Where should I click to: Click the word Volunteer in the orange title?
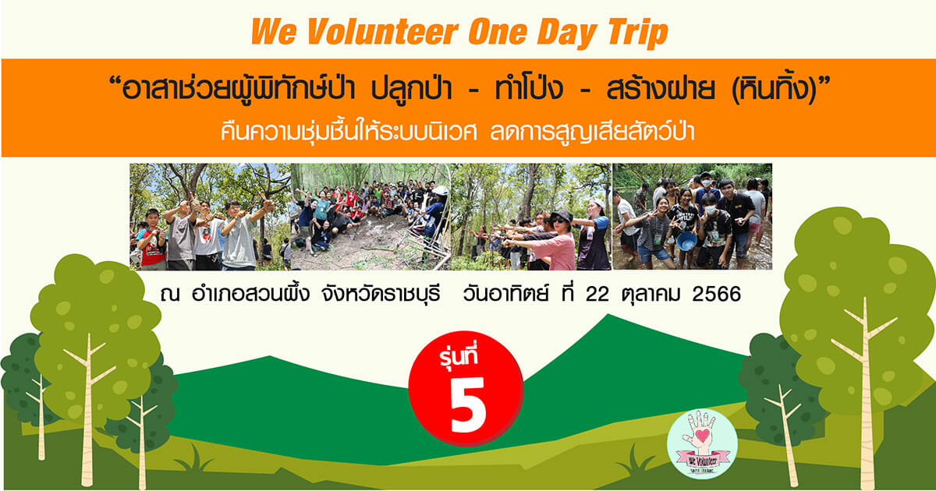pyautogui.click(x=383, y=32)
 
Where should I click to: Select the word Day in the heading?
pyautogui.click(x=566, y=34)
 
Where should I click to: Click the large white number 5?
pyautogui.click(x=468, y=404)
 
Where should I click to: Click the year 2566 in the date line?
pyautogui.click(x=716, y=295)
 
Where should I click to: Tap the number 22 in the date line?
pyautogui.click(x=597, y=295)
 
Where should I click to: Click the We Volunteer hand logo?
pyautogui.click(x=702, y=443)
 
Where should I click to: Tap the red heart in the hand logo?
pyautogui.click(x=703, y=436)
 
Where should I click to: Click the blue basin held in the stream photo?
pyautogui.click(x=686, y=241)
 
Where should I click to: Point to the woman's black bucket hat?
pyautogui.click(x=561, y=215)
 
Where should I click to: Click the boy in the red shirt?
pyautogui.click(x=152, y=240)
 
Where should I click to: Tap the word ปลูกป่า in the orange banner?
pyautogui.click(x=412, y=89)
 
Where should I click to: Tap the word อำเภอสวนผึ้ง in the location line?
pyautogui.click(x=250, y=294)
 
